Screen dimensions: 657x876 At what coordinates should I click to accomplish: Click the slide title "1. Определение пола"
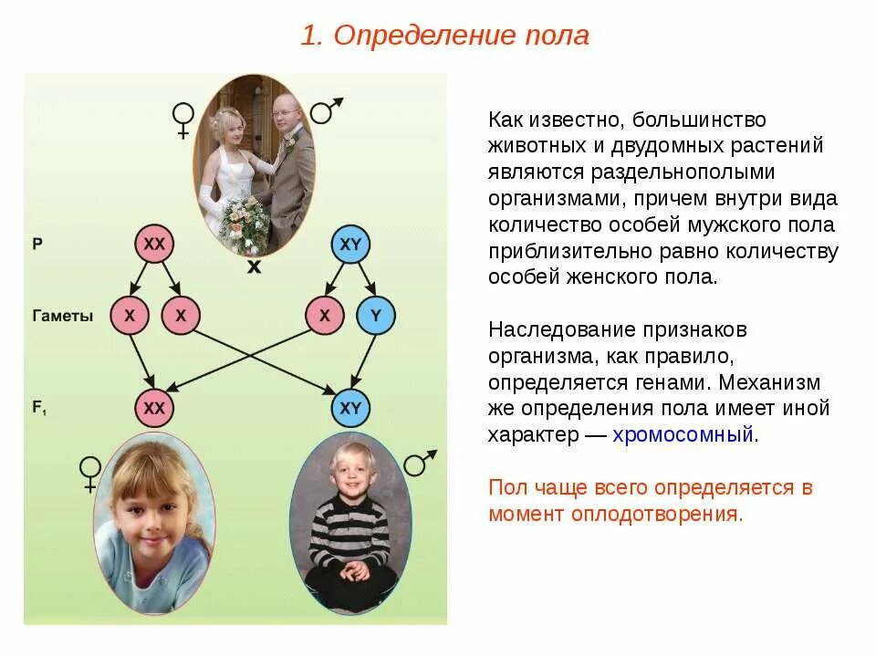pyautogui.click(x=445, y=36)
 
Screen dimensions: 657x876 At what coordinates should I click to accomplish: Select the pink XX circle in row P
pyautogui.click(x=154, y=245)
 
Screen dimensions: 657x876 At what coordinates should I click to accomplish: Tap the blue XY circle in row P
pyautogui.click(x=350, y=245)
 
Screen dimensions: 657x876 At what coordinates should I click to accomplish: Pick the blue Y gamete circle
pyautogui.click(x=376, y=316)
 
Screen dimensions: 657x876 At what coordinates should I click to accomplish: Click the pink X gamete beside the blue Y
pyautogui.click(x=324, y=316)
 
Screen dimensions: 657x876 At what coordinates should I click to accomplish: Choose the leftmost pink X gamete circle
pyautogui.click(x=130, y=316)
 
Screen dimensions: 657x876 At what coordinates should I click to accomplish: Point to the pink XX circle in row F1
pyautogui.click(x=154, y=408)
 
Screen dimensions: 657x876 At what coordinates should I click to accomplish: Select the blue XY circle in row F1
pyautogui.click(x=350, y=408)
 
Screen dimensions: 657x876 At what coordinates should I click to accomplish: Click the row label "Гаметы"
pyautogui.click(x=62, y=317)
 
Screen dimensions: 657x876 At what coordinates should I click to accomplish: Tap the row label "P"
pyautogui.click(x=37, y=245)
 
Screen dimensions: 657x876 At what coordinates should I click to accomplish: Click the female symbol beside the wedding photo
pyautogui.click(x=183, y=120)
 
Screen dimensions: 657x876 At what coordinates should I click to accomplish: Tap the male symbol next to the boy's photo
pyautogui.click(x=419, y=463)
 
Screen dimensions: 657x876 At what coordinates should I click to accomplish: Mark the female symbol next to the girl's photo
pyautogui.click(x=89, y=474)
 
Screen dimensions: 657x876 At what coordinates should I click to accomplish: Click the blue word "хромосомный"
pyautogui.click(x=683, y=434)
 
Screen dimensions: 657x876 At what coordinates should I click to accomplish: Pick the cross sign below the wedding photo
pyautogui.click(x=255, y=267)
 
